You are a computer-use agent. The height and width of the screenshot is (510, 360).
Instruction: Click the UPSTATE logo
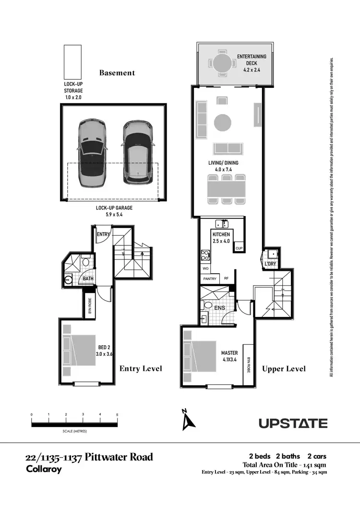click(x=293, y=423)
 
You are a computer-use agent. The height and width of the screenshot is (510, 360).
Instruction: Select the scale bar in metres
click(x=74, y=424)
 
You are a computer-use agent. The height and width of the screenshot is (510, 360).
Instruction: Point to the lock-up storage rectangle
click(x=73, y=62)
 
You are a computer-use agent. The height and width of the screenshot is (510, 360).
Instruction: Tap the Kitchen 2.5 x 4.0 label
click(x=221, y=237)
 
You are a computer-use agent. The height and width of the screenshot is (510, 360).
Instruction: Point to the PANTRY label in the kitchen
click(x=210, y=279)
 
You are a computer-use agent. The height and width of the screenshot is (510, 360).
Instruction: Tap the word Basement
click(x=117, y=73)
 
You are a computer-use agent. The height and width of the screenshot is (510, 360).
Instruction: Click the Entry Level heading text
click(x=141, y=368)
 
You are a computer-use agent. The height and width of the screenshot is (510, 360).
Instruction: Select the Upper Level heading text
click(x=284, y=369)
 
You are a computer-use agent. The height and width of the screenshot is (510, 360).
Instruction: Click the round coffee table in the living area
click(x=222, y=122)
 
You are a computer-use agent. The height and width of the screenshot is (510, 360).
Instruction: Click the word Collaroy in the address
click(x=43, y=469)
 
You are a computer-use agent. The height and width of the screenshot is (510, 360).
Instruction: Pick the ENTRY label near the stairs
click(x=103, y=234)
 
